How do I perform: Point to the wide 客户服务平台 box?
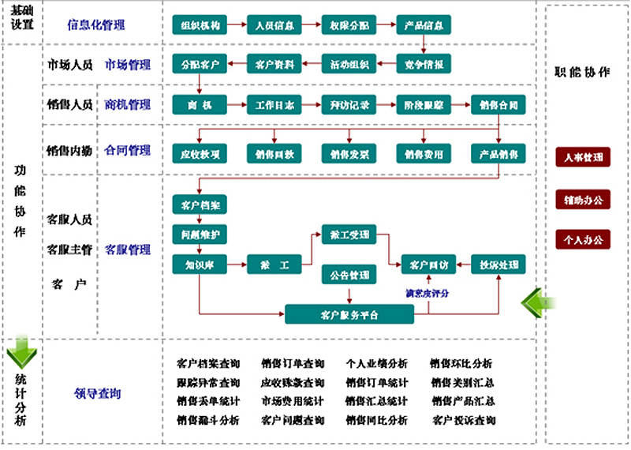[x=349, y=314]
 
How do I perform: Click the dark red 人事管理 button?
[x=582, y=157]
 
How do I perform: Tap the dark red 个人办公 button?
[x=582, y=238]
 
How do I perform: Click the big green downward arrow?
[x=21, y=353]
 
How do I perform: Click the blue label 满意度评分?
[x=427, y=294]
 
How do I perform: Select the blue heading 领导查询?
[x=98, y=393]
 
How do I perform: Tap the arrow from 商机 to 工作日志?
[x=236, y=104]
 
